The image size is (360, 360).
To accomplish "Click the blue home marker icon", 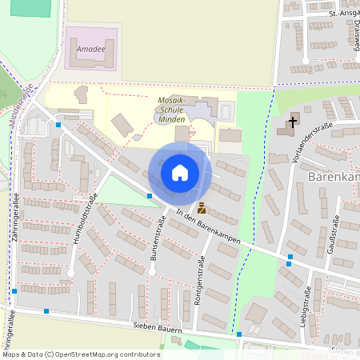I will coord(180,173).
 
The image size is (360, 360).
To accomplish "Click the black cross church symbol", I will coord(293,122).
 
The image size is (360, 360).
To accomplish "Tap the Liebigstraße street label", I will coord(306,306).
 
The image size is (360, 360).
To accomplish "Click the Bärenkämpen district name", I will coord(333,177).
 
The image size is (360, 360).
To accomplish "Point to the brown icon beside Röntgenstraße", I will coord(201,208).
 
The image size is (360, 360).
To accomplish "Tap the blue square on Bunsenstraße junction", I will coord(150,195).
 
